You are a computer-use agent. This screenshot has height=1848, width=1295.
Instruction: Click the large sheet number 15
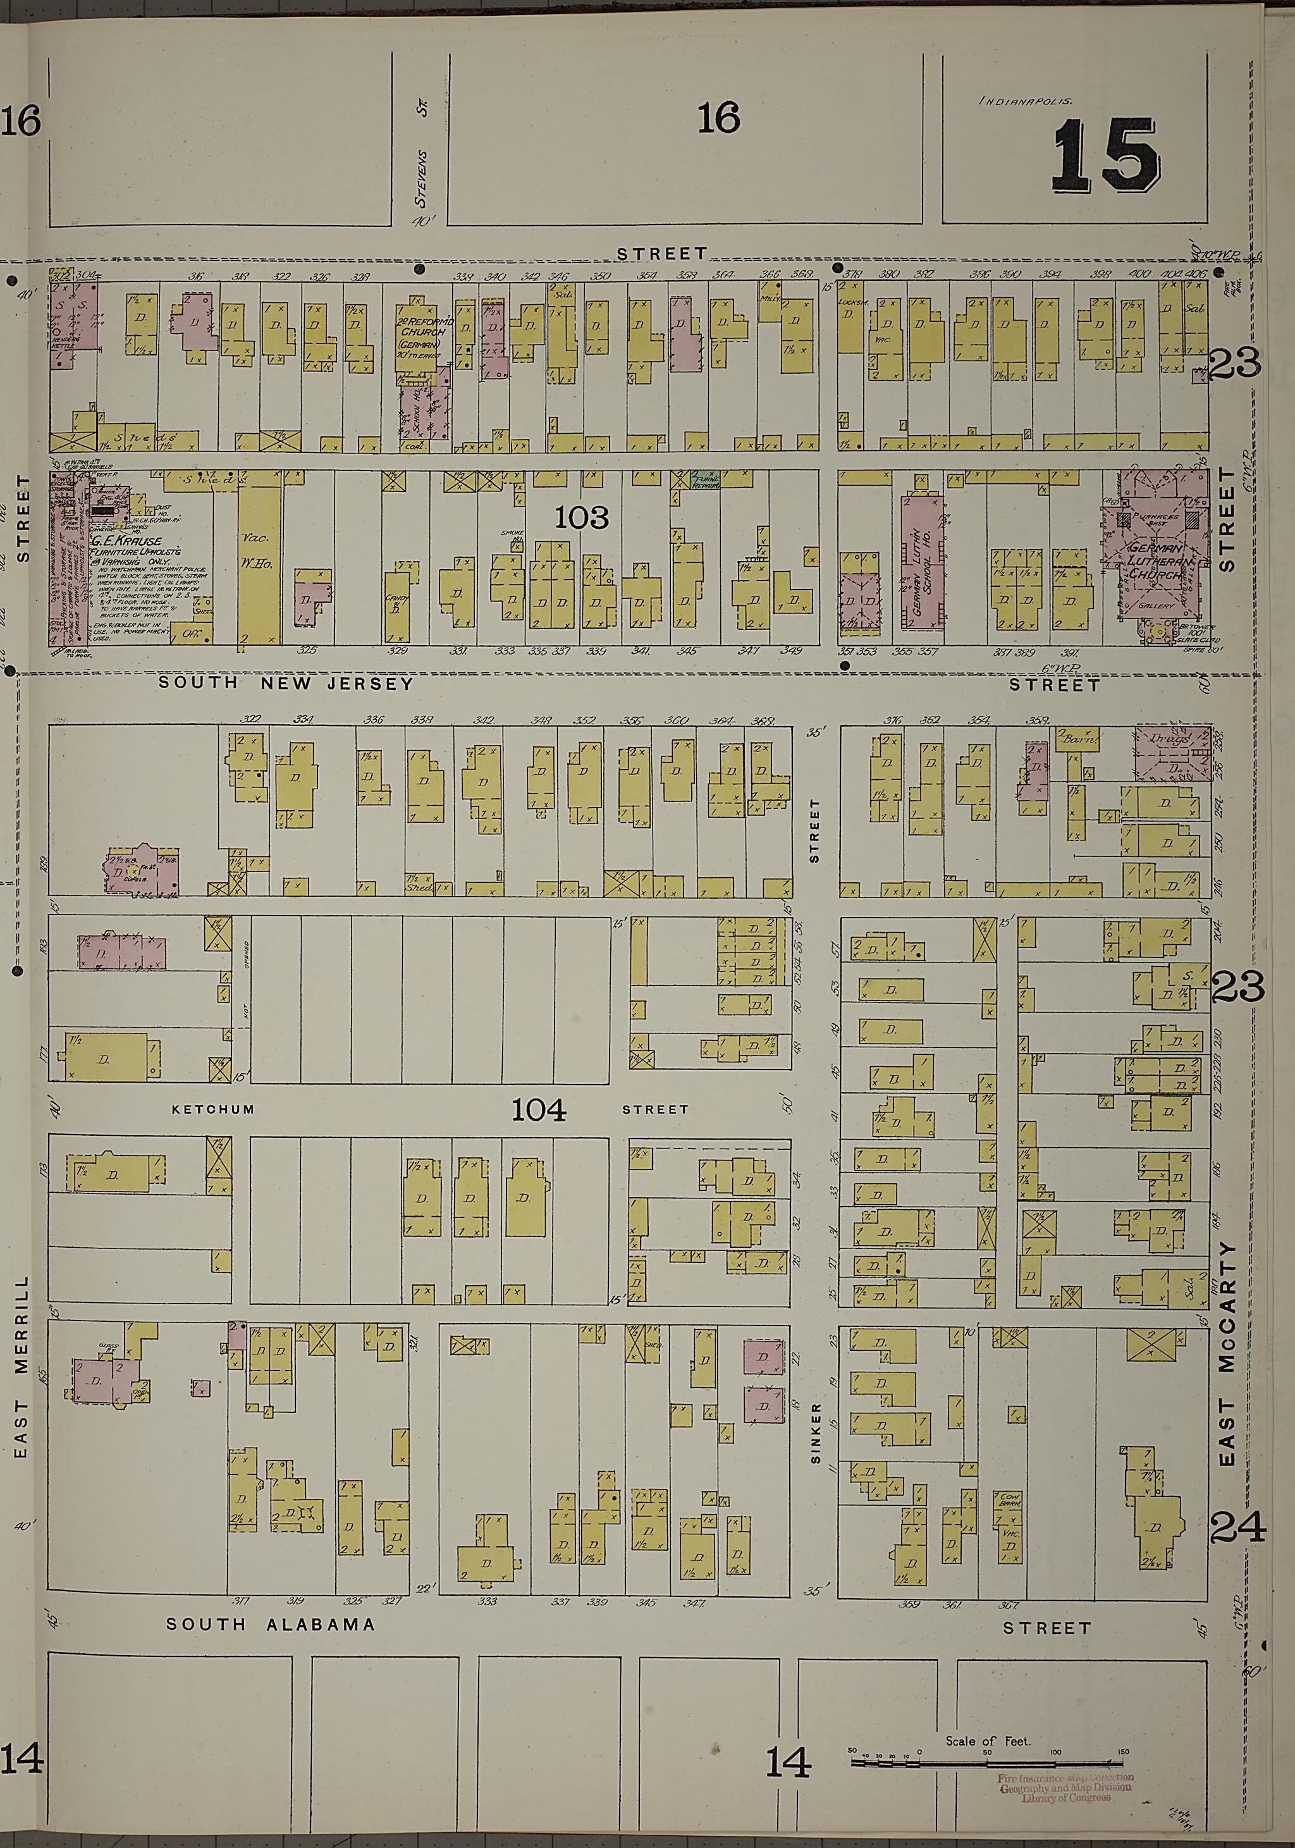tap(1106, 156)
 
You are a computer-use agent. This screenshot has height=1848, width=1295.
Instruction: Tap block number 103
tap(581, 517)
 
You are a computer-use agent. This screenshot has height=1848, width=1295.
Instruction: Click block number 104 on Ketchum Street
tap(539, 1110)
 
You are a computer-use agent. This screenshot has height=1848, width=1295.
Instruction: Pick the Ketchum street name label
tap(213, 1109)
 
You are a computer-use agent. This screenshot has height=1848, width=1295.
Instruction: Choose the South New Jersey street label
tap(286, 683)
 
